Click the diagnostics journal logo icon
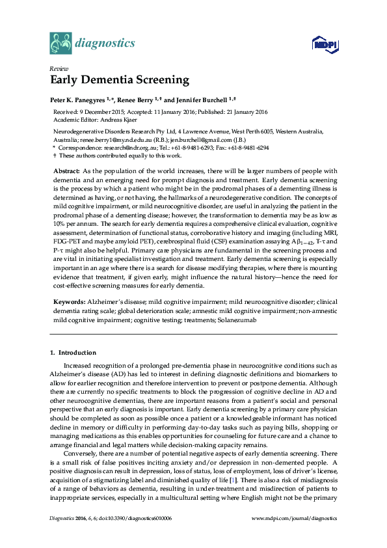coord(61,44)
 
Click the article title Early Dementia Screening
coord(120,81)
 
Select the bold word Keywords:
coord(69,303)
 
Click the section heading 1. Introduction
coord(73,352)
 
